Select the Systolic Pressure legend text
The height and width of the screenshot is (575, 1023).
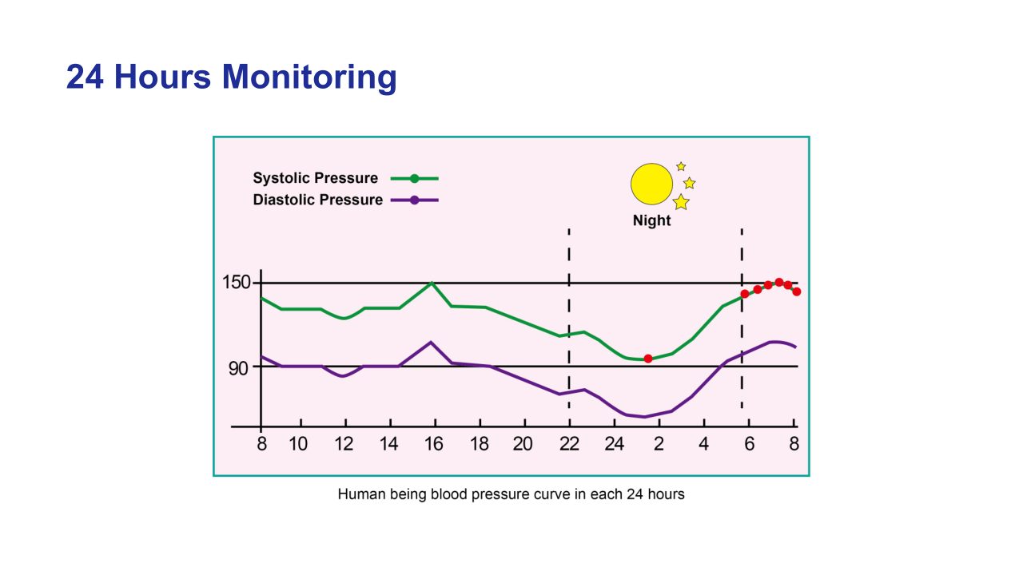coord(315,178)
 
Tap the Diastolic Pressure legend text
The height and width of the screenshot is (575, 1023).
coord(317,200)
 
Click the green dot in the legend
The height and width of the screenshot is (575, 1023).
coord(414,178)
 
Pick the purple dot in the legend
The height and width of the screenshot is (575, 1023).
coord(414,200)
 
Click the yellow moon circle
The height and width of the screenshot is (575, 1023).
coord(651,184)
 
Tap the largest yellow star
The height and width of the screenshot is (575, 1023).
coord(681,202)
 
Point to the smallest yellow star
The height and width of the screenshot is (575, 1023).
coord(681,166)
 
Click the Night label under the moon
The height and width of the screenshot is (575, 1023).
coord(651,221)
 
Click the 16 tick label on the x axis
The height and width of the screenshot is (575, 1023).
coord(433,445)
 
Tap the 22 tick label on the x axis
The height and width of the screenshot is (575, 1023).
coord(568,445)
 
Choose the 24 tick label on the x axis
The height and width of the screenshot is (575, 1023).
coord(614,445)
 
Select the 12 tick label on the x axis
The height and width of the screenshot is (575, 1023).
coord(344,445)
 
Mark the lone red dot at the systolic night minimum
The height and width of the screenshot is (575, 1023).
coord(648,359)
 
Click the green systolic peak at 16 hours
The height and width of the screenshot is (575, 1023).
coord(432,283)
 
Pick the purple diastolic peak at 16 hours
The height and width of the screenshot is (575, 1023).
coord(432,343)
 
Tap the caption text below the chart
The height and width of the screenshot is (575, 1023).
coord(511,494)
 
